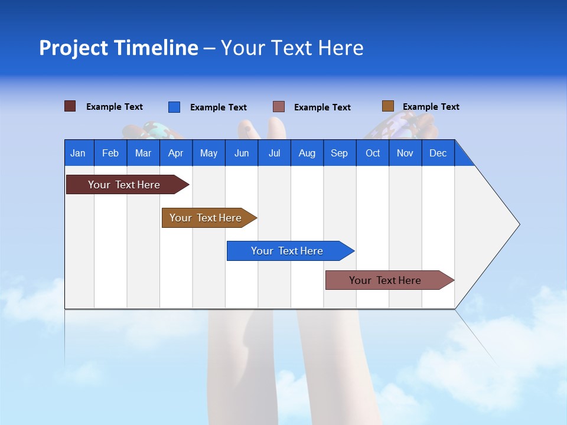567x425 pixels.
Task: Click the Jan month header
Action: click(79, 153)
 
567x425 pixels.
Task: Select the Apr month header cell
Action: click(175, 153)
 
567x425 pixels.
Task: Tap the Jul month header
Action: click(274, 153)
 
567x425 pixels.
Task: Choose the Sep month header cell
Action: click(339, 153)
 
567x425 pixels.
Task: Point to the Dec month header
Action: click(438, 153)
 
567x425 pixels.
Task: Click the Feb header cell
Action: click(110, 153)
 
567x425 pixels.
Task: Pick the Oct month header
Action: click(373, 153)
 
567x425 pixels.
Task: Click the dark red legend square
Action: click(70, 106)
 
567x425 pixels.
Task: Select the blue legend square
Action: click(174, 107)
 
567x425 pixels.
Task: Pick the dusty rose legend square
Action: click(279, 107)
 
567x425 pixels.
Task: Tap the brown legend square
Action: click(387, 106)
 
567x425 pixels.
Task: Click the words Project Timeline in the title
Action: click(119, 48)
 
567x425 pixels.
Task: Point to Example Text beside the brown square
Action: click(431, 107)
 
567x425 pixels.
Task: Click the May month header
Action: click(208, 153)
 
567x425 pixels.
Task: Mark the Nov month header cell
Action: click(405, 153)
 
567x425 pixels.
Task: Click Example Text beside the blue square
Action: click(218, 107)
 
